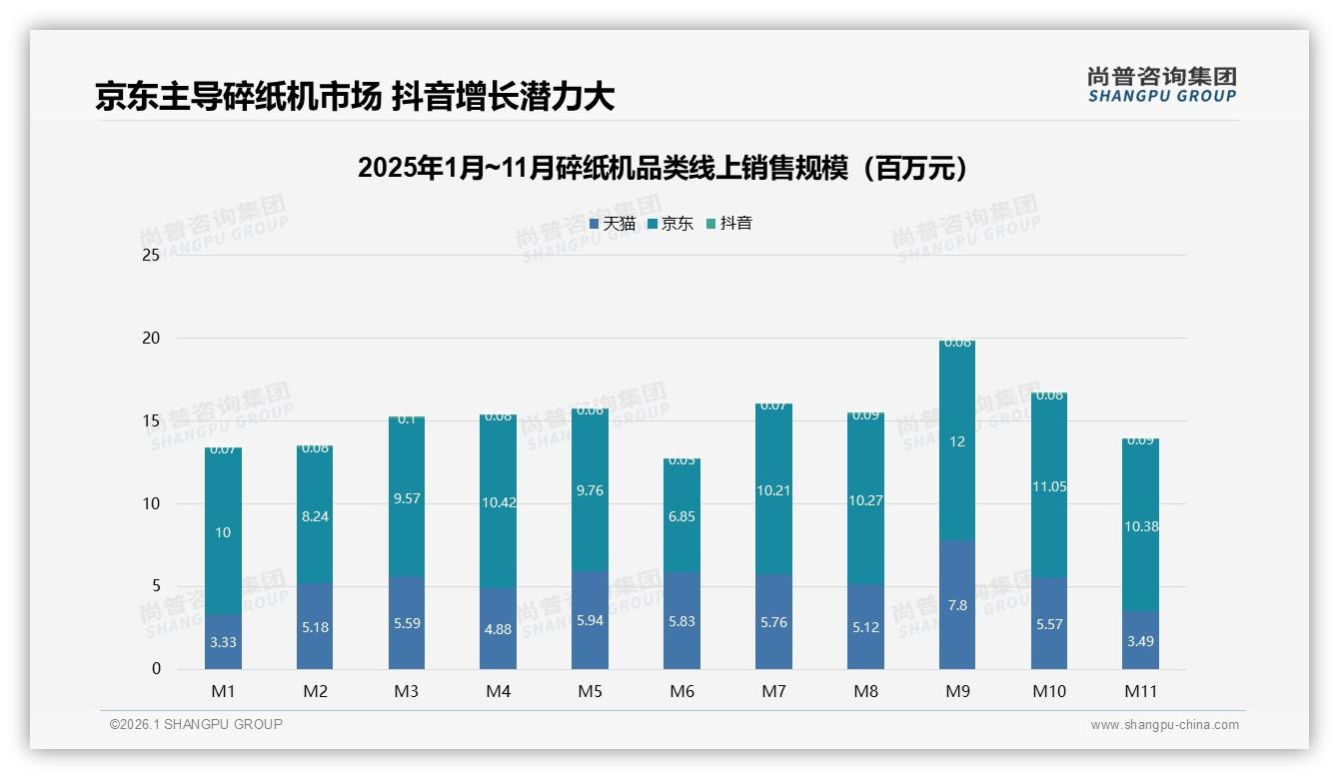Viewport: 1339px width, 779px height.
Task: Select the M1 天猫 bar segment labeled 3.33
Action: point(223,642)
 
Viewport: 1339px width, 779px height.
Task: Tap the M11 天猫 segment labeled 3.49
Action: point(1140,640)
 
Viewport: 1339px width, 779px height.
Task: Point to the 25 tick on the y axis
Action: point(151,256)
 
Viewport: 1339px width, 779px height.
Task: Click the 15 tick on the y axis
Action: point(151,420)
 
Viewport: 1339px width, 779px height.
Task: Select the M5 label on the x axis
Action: point(590,691)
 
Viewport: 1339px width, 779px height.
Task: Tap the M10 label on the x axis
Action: point(1048,691)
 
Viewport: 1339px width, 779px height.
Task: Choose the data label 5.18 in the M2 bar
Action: point(315,627)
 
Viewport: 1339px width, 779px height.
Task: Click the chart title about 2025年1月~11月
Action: point(663,168)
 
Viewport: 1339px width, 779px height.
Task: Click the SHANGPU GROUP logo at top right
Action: point(1161,85)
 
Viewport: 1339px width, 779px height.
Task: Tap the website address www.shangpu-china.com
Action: point(1164,725)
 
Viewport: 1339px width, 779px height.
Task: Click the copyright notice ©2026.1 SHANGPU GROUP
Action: point(196,724)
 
